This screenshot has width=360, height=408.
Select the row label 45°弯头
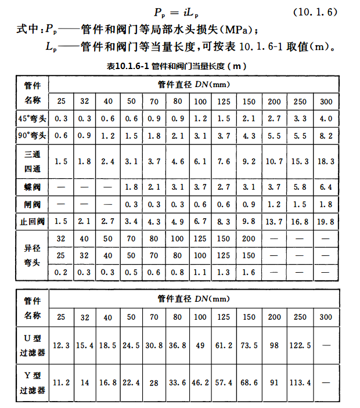coord(33,118)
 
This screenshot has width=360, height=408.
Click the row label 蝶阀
coord(33,187)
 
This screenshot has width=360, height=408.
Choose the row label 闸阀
coord(33,204)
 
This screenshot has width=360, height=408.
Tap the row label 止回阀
coord(33,221)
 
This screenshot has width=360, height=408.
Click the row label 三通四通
coord(33,161)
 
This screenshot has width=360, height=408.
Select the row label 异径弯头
coord(33,255)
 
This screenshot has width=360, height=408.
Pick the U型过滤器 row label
coord(33,345)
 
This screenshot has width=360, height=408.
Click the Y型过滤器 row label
coord(33,382)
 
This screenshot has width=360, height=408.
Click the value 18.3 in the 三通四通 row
coord(326,162)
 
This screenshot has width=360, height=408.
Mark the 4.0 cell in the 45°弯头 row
coord(326,119)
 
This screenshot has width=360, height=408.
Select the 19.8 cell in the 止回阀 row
coord(326,222)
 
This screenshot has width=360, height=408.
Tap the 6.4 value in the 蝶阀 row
coord(326,187)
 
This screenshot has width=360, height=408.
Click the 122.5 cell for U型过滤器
coord(300,345)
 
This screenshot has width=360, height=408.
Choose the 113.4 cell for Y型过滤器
coord(300,382)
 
